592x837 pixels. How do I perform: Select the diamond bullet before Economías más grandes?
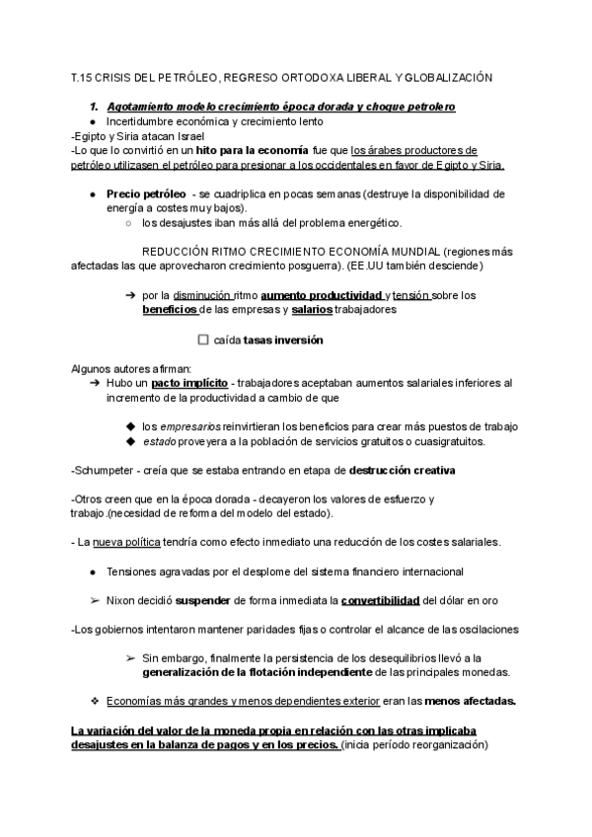pos(93,701)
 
